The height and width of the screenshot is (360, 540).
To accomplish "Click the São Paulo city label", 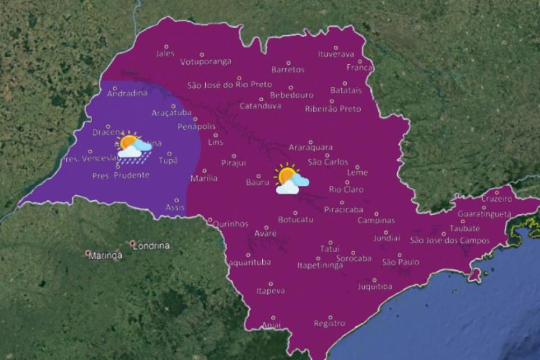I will point(400,262).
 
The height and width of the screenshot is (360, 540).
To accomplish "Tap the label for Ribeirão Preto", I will point(333,109).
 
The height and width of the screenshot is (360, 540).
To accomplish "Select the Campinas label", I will point(376,220).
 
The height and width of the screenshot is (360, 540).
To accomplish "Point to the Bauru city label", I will point(257,182).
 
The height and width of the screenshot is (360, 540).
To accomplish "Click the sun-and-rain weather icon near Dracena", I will point(133,146).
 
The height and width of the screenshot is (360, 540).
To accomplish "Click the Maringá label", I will point(105,256).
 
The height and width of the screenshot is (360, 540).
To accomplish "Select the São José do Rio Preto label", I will point(229,85).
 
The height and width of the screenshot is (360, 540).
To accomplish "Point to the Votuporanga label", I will point(206,62).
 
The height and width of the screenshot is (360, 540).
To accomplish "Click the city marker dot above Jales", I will point(166,47).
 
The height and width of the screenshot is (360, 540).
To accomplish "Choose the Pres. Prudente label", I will point(121,175).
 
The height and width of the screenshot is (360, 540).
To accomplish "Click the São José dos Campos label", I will point(450,241).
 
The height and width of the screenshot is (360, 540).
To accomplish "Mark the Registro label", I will point(329,324).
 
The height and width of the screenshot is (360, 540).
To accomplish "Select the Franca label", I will point(360,68).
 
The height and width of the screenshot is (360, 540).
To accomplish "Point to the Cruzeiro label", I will point(497,199).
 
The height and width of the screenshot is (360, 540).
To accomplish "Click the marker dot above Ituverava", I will point(336,48).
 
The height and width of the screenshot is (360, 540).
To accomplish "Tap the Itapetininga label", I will point(320,265).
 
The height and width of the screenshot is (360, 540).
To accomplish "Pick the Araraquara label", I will point(310,148).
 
